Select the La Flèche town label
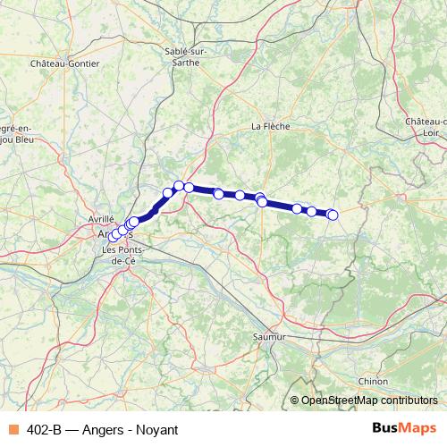270,126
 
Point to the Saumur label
269,337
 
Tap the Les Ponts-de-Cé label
122,254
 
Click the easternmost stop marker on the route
333,215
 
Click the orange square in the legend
13,430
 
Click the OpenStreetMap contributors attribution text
369,401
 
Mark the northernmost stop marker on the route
179,185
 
